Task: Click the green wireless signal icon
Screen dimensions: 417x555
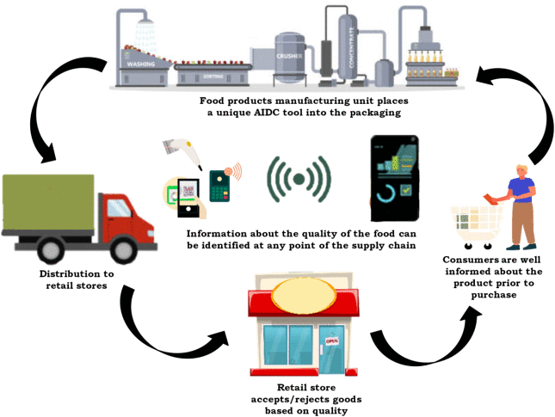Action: click(x=299, y=180)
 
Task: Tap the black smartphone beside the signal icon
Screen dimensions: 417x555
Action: click(x=394, y=178)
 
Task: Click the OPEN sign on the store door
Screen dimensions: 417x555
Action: click(x=330, y=340)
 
